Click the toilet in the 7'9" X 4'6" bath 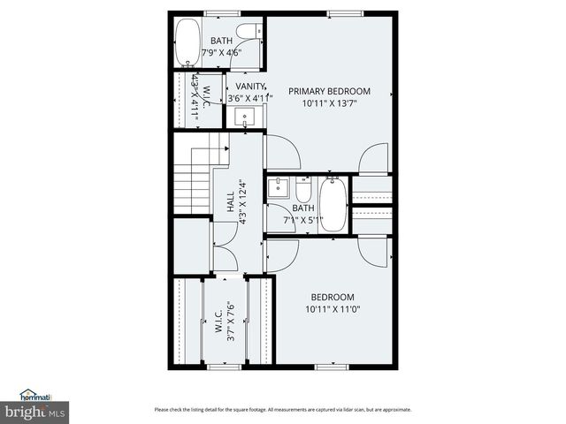pos(249,29)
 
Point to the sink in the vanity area pos(247,115)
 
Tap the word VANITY pos(249,86)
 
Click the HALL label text pos(230,201)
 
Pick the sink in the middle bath pos(279,186)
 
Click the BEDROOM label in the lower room pos(333,297)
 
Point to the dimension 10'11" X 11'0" pos(333,310)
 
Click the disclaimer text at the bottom pos(282,409)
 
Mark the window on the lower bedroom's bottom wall pos(329,366)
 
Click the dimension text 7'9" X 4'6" pos(222,53)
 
